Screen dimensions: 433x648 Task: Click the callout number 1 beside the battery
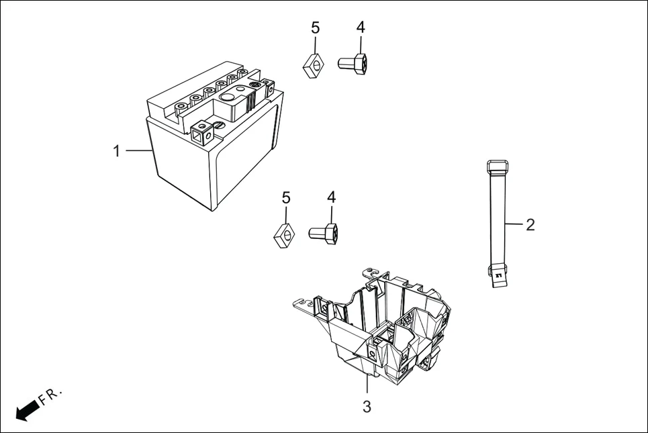pyautogui.click(x=117, y=151)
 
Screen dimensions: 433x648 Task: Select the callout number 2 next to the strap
pyautogui.click(x=530, y=225)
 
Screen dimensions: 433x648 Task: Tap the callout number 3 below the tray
pyautogui.click(x=367, y=406)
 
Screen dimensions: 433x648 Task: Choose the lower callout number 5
pyautogui.click(x=286, y=197)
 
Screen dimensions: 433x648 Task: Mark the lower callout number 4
pyautogui.click(x=332, y=197)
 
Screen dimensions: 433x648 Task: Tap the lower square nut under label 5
pyautogui.click(x=285, y=235)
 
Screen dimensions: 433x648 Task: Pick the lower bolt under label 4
pyautogui.click(x=324, y=233)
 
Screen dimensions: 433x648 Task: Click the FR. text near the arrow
pyautogui.click(x=51, y=396)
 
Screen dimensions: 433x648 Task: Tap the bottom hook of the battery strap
pyautogui.click(x=496, y=275)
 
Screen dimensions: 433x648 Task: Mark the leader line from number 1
pyautogui.click(x=138, y=151)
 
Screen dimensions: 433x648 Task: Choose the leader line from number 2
pyautogui.click(x=514, y=224)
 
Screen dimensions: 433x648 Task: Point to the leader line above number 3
pyautogui.click(x=367, y=386)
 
